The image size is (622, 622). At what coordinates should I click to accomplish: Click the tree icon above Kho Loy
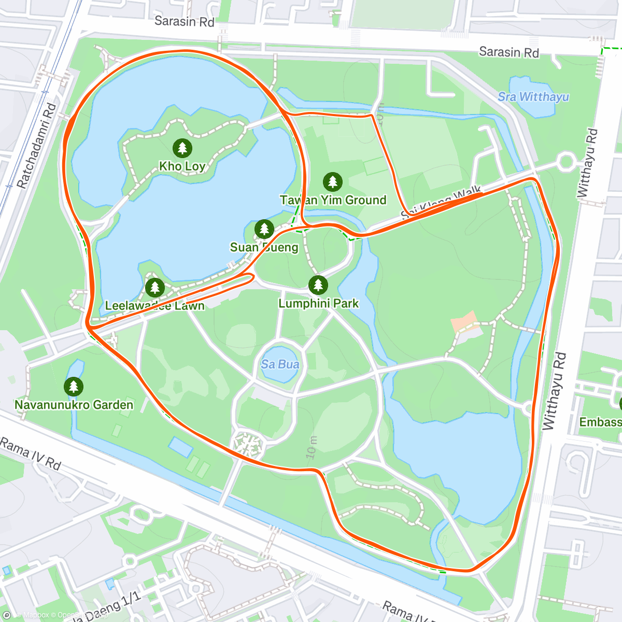[182, 148]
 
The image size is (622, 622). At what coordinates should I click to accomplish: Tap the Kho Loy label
[182, 166]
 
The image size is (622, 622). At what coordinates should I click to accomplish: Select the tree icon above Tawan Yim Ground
[333, 182]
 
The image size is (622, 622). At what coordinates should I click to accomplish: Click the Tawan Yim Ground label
[333, 200]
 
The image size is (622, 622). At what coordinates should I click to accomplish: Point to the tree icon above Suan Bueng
[264, 229]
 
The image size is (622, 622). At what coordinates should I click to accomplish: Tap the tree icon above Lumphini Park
[318, 285]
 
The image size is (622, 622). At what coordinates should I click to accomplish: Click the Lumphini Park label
[318, 303]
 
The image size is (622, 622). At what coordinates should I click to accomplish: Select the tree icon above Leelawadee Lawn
[154, 288]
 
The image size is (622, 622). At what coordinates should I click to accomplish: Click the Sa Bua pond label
[280, 364]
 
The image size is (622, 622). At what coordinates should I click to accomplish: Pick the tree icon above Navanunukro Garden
[74, 387]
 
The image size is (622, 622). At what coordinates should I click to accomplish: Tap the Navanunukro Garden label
[74, 405]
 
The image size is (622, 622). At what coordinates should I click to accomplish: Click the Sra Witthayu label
[533, 97]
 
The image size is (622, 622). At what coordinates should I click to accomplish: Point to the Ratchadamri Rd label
[36, 146]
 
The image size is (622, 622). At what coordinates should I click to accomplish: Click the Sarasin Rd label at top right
[508, 52]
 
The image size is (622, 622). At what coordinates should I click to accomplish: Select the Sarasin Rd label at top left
[184, 21]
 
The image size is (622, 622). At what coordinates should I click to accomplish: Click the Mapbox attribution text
[35, 615]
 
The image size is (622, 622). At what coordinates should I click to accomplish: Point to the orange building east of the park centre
[464, 322]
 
